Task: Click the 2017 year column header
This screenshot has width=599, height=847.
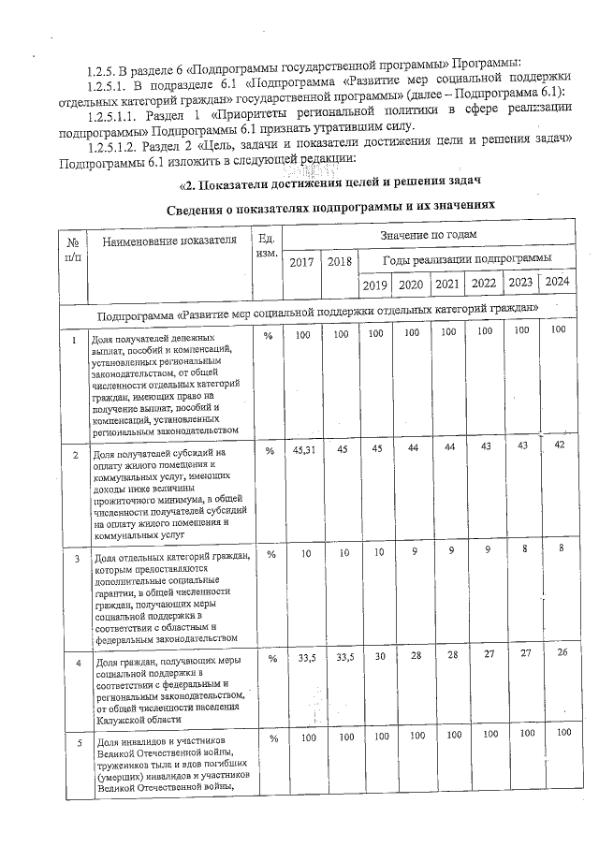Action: coord(301,262)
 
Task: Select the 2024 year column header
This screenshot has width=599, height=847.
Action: coord(556,282)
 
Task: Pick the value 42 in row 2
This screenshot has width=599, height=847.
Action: coord(559,444)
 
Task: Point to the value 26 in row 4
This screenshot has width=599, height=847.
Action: coord(559,651)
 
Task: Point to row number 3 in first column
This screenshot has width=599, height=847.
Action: coord(76,559)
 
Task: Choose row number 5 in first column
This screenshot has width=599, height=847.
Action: coord(76,743)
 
